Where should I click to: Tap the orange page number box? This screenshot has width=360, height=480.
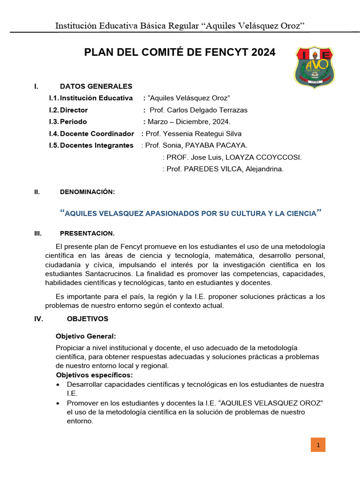pyautogui.click(x=318, y=445)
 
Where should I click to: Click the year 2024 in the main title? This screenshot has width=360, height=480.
pyautogui.click(x=263, y=52)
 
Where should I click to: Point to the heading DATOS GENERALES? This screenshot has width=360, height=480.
pyautogui.click(x=96, y=86)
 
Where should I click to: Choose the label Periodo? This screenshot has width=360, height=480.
pyautogui.click(x=74, y=122)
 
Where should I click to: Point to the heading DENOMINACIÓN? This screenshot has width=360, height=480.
pyautogui.click(x=88, y=192)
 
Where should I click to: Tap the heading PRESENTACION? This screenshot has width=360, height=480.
pyautogui.click(x=87, y=233)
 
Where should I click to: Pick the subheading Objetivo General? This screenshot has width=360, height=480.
pyautogui.click(x=86, y=337)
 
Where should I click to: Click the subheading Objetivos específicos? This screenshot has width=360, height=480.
pyautogui.click(x=94, y=375)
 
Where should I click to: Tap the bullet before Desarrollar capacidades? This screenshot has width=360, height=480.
pyautogui.click(x=58, y=385)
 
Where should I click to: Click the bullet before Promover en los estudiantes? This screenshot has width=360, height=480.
pyautogui.click(x=58, y=404)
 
